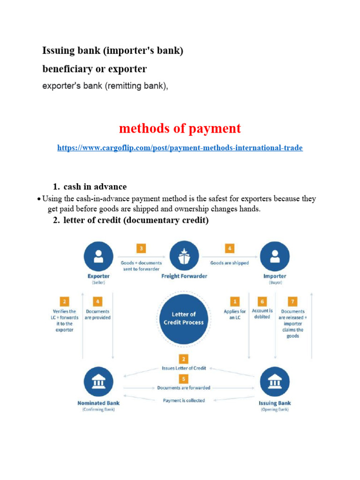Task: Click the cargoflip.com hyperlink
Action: tap(180, 148)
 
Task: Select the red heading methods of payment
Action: tap(180, 128)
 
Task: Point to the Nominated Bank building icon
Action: tap(98, 382)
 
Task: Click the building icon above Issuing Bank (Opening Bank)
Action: tap(274, 382)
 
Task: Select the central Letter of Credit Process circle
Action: tap(183, 318)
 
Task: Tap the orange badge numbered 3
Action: tap(142, 249)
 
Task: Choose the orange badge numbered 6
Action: tap(262, 301)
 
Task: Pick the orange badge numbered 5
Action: tap(184, 378)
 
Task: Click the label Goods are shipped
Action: tap(230, 263)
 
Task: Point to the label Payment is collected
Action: tap(184, 400)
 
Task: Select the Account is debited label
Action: tap(262, 314)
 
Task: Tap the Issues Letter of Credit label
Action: tap(184, 368)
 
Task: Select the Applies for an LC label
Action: tap(235, 315)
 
